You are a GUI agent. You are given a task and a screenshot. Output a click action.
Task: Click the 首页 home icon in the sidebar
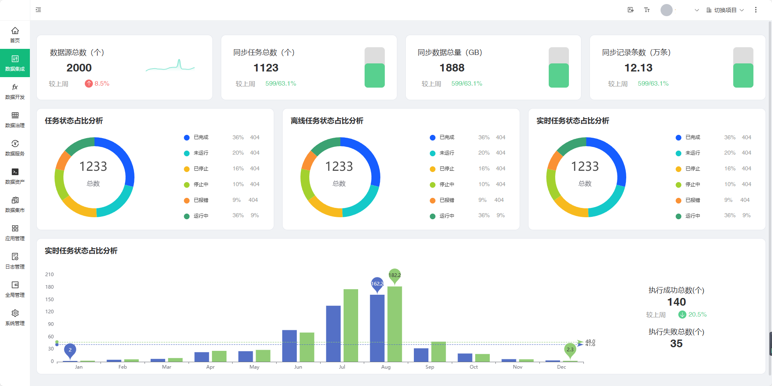(15, 31)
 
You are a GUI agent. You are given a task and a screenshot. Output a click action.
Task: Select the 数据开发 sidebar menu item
(15, 92)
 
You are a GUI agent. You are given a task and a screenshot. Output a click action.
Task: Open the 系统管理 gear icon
(15, 313)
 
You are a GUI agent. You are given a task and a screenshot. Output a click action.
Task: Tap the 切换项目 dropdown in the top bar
(725, 10)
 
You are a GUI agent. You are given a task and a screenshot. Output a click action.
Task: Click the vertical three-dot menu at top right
(756, 10)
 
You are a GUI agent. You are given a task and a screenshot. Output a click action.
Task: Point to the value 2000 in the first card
(79, 68)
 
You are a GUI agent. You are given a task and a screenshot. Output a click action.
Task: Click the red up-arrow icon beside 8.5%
(89, 84)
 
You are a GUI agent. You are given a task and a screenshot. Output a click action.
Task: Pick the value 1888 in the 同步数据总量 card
(452, 68)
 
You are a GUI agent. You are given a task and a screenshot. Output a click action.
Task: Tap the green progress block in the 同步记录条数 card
(743, 76)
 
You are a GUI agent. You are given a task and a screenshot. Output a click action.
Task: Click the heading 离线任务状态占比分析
(327, 121)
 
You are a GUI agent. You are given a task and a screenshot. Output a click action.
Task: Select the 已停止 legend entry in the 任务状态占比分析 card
(201, 169)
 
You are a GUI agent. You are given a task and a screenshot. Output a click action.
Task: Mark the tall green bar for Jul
(350, 325)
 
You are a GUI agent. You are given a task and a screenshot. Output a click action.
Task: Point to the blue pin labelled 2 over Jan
(70, 350)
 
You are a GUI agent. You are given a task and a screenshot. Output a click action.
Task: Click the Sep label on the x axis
(430, 367)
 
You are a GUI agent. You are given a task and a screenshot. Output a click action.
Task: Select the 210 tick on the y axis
(49, 275)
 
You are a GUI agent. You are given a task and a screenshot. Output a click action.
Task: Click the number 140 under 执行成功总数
(676, 302)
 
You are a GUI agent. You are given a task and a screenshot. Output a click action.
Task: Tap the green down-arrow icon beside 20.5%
(682, 315)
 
